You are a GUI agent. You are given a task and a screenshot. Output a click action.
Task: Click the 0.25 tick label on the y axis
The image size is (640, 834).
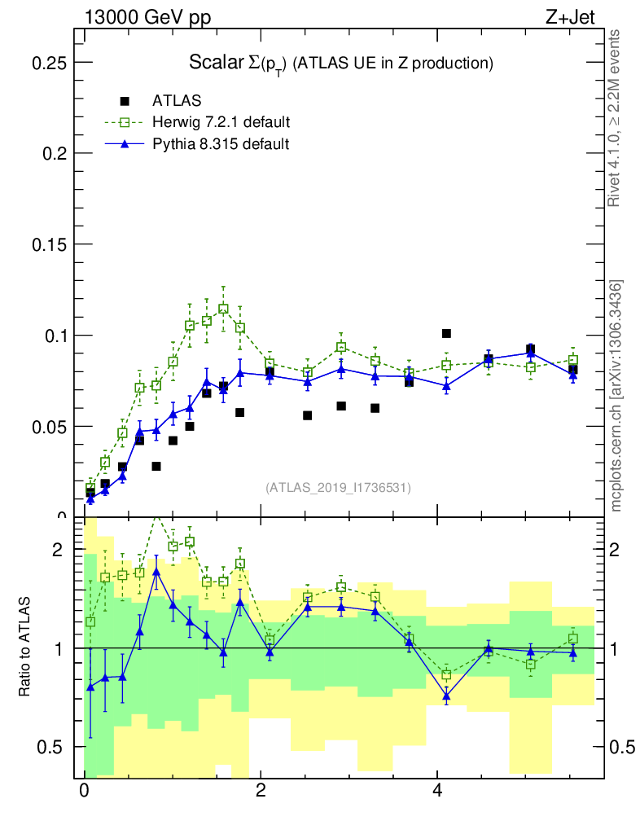click(x=48, y=63)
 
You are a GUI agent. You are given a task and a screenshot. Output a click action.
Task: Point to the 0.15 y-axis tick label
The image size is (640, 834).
click(x=48, y=244)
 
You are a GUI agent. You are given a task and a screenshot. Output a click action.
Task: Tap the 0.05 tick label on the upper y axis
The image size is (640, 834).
click(x=48, y=427)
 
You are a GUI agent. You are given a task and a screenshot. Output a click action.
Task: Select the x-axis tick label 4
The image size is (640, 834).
click(x=437, y=791)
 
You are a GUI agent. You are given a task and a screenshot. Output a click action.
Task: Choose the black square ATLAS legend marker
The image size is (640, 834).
click(x=125, y=101)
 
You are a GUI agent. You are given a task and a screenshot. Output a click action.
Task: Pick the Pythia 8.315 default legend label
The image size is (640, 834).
click(x=221, y=144)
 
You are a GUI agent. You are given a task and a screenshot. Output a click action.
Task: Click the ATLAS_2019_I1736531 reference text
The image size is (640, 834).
click(x=337, y=488)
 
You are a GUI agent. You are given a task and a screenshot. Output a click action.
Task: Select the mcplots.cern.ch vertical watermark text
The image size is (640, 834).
click(x=616, y=396)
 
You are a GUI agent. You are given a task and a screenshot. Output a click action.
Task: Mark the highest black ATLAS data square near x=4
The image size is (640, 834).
click(x=446, y=333)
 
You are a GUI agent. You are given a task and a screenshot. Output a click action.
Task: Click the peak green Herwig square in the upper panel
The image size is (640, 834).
click(x=223, y=309)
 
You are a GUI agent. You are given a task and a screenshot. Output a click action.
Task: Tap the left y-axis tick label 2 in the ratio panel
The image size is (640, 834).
click(x=57, y=550)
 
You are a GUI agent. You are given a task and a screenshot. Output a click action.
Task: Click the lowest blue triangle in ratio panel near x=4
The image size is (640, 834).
click(x=446, y=696)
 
